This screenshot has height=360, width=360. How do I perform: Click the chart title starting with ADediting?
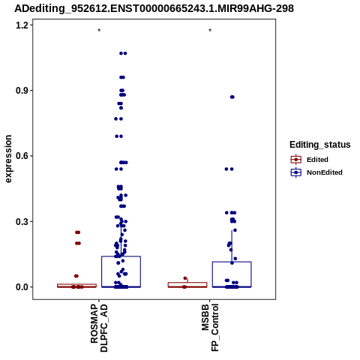pyautogui.click(x=154, y=9)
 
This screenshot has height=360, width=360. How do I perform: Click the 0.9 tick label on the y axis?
pyautogui.click(x=21, y=91)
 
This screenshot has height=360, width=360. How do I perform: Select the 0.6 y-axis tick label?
pyautogui.click(x=21, y=156)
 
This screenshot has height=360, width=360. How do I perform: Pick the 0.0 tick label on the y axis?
pyautogui.click(x=21, y=287)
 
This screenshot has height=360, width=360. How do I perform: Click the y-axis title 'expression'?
pyautogui.click(x=8, y=159)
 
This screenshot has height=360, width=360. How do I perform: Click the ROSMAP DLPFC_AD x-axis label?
pyautogui.click(x=99, y=328)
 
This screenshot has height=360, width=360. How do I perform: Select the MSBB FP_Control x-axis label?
pyautogui.click(x=210, y=328)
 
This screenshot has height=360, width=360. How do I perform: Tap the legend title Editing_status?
pyautogui.click(x=320, y=145)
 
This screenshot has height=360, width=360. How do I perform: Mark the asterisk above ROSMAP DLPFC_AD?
pyautogui.click(x=99, y=31)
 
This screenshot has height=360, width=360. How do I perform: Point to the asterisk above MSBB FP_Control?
pyautogui.click(x=210, y=31)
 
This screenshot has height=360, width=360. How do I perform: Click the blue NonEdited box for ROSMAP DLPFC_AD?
pyautogui.click(x=121, y=271)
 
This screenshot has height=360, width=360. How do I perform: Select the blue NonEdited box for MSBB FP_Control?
pyautogui.click(x=232, y=274)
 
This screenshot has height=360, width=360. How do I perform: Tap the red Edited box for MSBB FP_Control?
pyautogui.click(x=187, y=285)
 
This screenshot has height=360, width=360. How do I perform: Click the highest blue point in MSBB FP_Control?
pyautogui.click(x=232, y=97)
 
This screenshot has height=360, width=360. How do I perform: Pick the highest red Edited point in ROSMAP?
pyautogui.click(x=78, y=232)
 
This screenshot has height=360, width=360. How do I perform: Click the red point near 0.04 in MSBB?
pyautogui.click(x=185, y=278)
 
